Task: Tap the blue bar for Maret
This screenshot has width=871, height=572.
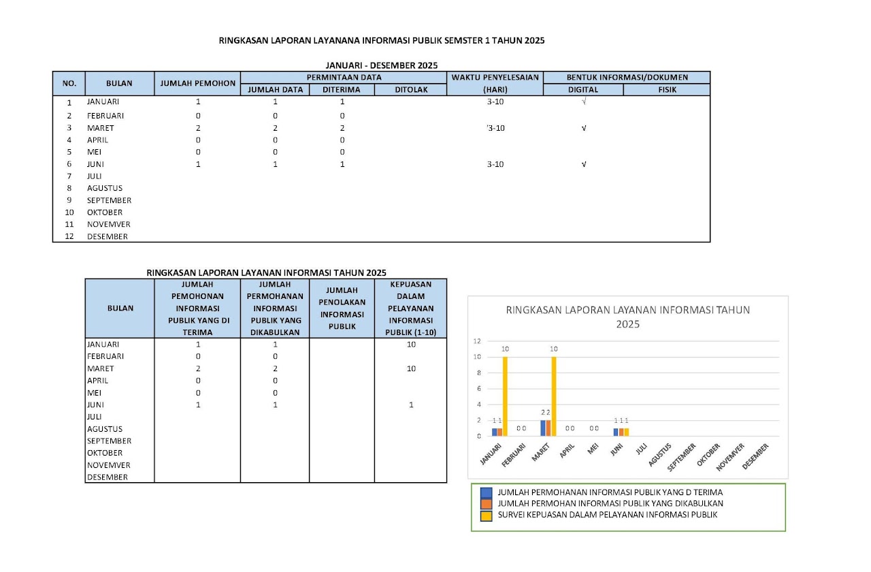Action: pyautogui.click(x=542, y=428)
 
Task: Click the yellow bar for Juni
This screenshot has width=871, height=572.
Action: pyautogui.click(x=626, y=432)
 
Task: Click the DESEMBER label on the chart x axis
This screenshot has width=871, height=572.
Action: pyautogui.click(x=756, y=456)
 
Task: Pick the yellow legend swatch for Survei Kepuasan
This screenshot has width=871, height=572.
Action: pyautogui.click(x=486, y=515)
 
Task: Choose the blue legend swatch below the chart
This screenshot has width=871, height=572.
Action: pyautogui.click(x=486, y=492)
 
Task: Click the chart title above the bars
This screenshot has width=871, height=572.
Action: pyautogui.click(x=627, y=317)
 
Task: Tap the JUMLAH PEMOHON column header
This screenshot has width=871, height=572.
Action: pyautogui.click(x=197, y=83)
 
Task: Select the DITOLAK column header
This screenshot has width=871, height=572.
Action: pyautogui.click(x=411, y=89)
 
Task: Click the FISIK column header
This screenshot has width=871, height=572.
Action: pyautogui.click(x=667, y=89)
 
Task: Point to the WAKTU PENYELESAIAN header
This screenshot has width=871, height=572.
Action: pyautogui.click(x=494, y=77)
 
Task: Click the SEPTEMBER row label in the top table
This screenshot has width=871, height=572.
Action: pyautogui.click(x=109, y=200)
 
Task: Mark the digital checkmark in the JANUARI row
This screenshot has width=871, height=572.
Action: pyautogui.click(x=584, y=101)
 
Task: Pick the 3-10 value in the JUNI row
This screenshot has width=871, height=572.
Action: pyautogui.click(x=495, y=164)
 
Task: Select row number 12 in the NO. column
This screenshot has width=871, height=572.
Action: pyautogui.click(x=69, y=237)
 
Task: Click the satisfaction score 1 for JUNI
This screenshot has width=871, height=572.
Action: pyautogui.click(x=411, y=404)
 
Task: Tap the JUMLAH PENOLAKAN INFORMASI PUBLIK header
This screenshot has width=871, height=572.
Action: pyautogui.click(x=342, y=308)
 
